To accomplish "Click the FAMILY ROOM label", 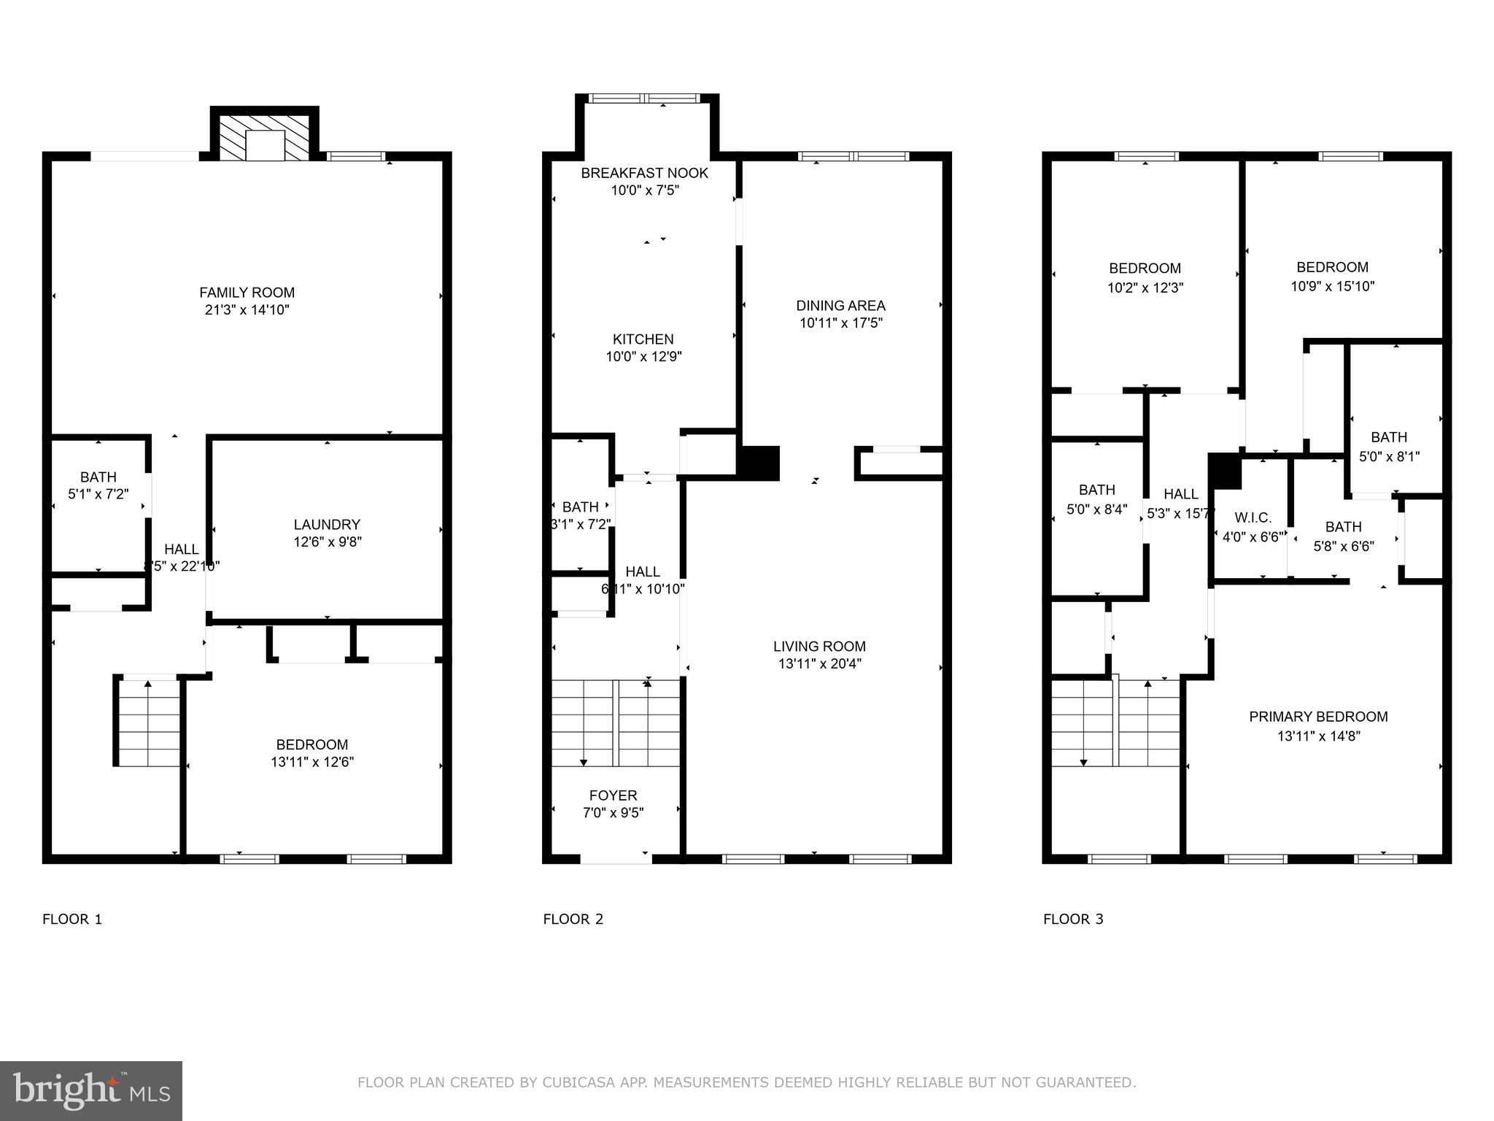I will coord(247,293).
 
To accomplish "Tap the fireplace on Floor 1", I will coord(264,136).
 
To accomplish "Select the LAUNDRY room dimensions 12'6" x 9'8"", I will coord(327,542).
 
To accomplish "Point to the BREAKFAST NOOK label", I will coord(644,173).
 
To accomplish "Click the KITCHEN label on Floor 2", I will coord(643,339).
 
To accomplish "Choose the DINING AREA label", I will coord(840,306).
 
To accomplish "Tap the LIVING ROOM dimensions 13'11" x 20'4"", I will coord(819,664).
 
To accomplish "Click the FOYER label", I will coord(613,796).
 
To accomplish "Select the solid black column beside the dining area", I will coord(760,463).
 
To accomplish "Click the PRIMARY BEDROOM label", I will coord(1317,717).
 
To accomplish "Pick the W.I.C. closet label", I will coord(1253,518).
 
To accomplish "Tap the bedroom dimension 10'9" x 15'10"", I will coord(1332,287).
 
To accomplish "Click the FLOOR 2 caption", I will coord(573,920).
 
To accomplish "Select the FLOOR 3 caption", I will coord(1072,920).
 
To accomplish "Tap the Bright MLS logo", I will coord(91,1091).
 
